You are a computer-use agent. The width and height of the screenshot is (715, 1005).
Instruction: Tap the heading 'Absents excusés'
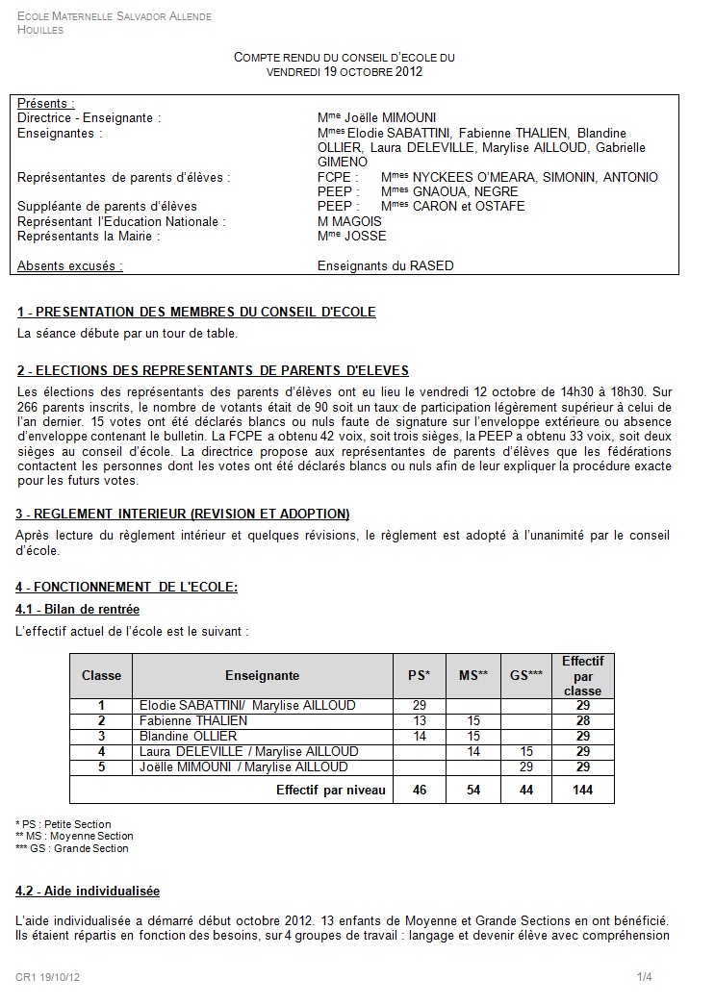tap(70, 265)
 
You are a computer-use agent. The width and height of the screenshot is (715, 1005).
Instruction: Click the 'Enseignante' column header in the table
tap(262, 675)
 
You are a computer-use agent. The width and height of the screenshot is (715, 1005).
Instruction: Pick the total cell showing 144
tap(582, 791)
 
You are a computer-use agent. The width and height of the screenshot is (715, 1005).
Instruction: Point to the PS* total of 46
tap(420, 791)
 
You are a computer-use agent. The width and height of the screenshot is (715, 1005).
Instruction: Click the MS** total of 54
tap(472, 791)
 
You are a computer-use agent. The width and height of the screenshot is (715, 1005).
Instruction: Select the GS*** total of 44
tap(525, 791)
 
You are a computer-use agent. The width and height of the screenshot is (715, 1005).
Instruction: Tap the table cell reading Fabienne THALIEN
tap(193, 720)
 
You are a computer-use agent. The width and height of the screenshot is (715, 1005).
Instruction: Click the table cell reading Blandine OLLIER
tap(189, 736)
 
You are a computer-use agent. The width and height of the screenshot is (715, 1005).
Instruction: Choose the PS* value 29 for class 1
tap(420, 705)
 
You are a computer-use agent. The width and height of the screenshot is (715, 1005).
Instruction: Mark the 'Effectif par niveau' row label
tap(330, 791)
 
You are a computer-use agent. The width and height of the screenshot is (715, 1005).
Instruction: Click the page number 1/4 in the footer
tap(644, 978)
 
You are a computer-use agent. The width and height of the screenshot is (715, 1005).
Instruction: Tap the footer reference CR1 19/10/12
tap(47, 978)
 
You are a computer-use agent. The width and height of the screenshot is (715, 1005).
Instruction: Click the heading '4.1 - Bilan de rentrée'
tap(78, 609)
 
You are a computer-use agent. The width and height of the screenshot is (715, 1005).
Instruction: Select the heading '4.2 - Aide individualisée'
tap(89, 891)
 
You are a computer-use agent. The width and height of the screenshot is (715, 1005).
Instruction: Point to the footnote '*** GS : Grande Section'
tap(72, 848)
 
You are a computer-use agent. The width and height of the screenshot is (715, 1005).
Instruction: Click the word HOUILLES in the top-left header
tap(40, 30)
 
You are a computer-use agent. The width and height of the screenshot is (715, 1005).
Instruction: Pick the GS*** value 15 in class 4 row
tap(525, 751)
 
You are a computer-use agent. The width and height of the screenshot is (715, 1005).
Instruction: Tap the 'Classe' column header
tap(101, 675)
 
